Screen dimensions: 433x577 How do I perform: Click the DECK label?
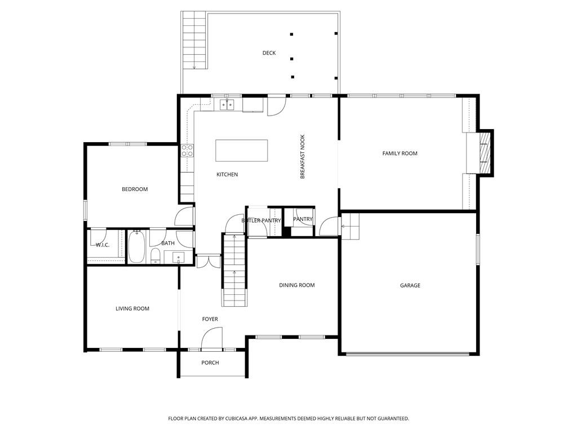pyautogui.click(x=269, y=53)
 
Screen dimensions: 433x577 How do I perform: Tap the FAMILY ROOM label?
pyautogui.click(x=400, y=153)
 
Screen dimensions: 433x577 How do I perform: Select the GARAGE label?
pyautogui.click(x=410, y=286)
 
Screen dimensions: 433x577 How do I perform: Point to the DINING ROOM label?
pyautogui.click(x=296, y=285)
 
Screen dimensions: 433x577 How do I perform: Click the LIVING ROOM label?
pyautogui.click(x=132, y=308)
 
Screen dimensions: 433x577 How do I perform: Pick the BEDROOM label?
pyautogui.click(x=135, y=189)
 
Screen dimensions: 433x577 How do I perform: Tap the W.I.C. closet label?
pyautogui.click(x=102, y=245)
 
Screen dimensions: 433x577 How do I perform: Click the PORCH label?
pyautogui.click(x=210, y=363)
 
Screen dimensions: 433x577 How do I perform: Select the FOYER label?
pyautogui.click(x=210, y=319)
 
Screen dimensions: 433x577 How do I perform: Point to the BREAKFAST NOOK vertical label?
pyautogui.click(x=302, y=157)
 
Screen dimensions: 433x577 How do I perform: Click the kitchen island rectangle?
pyautogui.click(x=242, y=150)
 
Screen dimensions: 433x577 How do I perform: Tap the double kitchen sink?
pyautogui.click(x=227, y=104)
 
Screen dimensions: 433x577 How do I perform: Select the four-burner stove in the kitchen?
pyautogui.click(x=187, y=151)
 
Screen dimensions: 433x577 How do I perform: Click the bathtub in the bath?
pyautogui.click(x=136, y=248)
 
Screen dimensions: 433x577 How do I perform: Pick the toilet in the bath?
pyautogui.click(x=155, y=256)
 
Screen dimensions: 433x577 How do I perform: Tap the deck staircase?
pyautogui.click(x=194, y=41)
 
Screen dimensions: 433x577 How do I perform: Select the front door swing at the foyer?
pyautogui.click(x=212, y=338)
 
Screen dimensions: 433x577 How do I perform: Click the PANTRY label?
pyautogui.click(x=303, y=219)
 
